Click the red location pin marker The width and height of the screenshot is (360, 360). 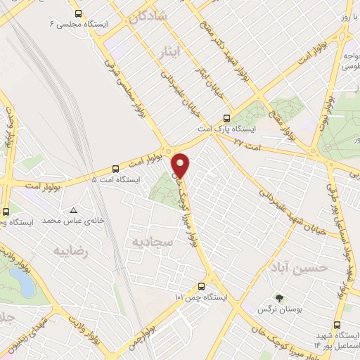[x=181, y=165]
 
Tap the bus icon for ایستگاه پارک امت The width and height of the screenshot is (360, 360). [x=226, y=118]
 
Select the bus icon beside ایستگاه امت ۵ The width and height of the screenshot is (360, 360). [x=115, y=169]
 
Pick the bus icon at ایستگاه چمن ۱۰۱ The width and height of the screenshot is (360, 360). [x=202, y=286]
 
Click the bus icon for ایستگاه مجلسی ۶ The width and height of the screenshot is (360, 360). [x=77, y=13]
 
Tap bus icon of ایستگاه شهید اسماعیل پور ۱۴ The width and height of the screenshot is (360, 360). [x=338, y=326]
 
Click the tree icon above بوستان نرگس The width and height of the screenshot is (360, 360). [x=278, y=298]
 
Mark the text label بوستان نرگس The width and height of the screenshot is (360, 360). [x=278, y=309]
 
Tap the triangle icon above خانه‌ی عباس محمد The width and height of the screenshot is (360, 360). [x=74, y=210]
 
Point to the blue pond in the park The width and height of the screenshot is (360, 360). [x=23, y=283]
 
